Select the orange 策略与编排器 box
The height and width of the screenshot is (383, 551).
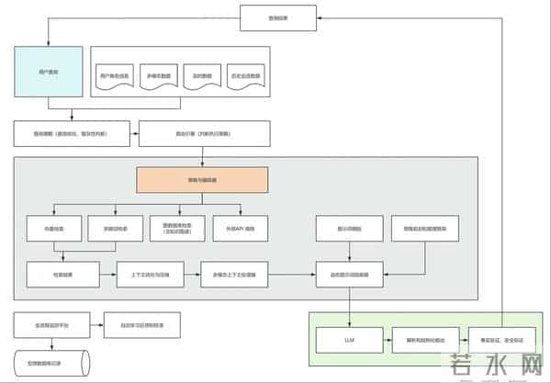[x=202, y=179]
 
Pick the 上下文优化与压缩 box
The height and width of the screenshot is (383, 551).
[x=145, y=275]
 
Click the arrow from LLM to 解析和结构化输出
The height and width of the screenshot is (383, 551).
[x=379, y=340]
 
